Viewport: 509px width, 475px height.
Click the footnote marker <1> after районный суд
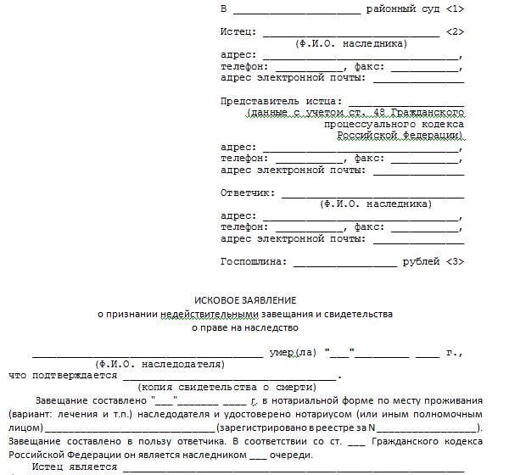tap(454, 8)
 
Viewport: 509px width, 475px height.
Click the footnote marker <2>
tap(454, 31)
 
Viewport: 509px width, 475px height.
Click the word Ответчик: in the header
tap(247, 193)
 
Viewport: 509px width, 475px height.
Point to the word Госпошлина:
tap(253, 261)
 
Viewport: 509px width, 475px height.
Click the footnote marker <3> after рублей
tap(454, 261)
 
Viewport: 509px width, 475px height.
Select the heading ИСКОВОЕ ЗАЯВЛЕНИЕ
tap(245, 300)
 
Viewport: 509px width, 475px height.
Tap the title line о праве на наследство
tap(245, 327)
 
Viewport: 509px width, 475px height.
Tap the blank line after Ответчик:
tap(373, 195)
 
